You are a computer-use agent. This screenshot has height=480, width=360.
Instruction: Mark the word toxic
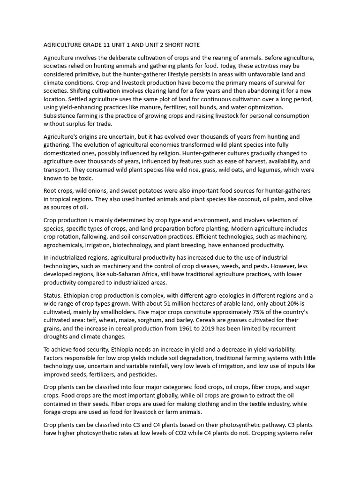click(x=85, y=178)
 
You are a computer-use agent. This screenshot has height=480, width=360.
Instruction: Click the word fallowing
click(x=94, y=237)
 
